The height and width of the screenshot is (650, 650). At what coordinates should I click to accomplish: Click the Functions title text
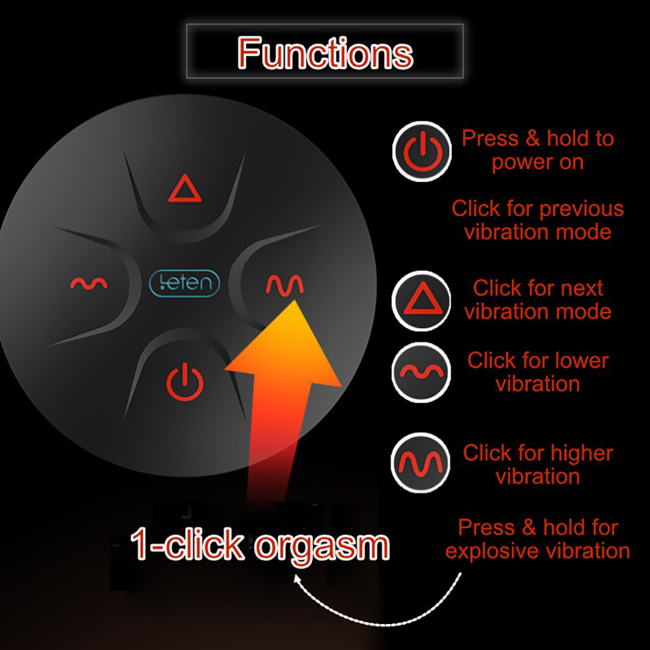point(325,53)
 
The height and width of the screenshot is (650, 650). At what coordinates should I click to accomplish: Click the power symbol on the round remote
point(185,382)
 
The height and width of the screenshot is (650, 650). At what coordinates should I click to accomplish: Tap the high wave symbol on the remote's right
point(284,283)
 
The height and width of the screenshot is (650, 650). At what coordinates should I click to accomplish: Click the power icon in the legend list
point(422,151)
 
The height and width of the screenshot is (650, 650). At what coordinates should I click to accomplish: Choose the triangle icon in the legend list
point(421,300)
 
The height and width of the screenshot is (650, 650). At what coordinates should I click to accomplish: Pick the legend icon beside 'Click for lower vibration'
point(421,372)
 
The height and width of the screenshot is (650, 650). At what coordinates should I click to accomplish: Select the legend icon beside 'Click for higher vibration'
point(421,463)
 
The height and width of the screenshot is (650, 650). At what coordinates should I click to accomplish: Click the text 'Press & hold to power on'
point(538,150)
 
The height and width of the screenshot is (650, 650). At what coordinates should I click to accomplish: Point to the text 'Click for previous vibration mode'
point(538,220)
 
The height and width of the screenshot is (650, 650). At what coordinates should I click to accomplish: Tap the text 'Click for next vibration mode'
point(538,300)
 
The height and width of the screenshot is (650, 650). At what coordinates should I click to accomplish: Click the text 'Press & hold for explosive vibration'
point(538,539)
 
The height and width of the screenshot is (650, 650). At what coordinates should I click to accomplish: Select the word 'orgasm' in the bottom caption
point(322,545)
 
